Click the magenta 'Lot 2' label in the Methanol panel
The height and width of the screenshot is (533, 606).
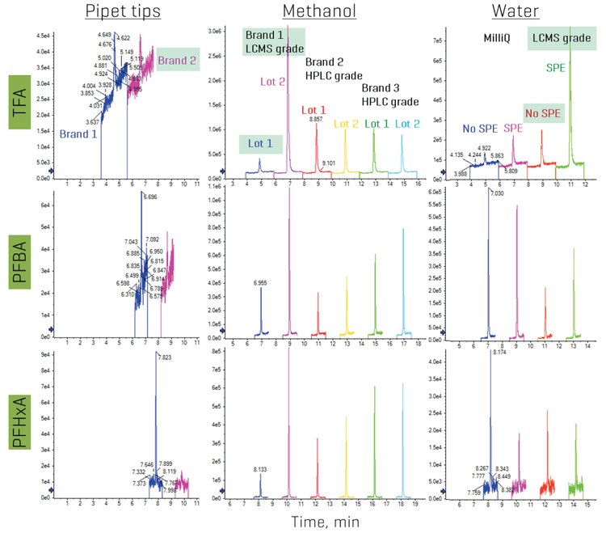pyautogui.click(x=271, y=81)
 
